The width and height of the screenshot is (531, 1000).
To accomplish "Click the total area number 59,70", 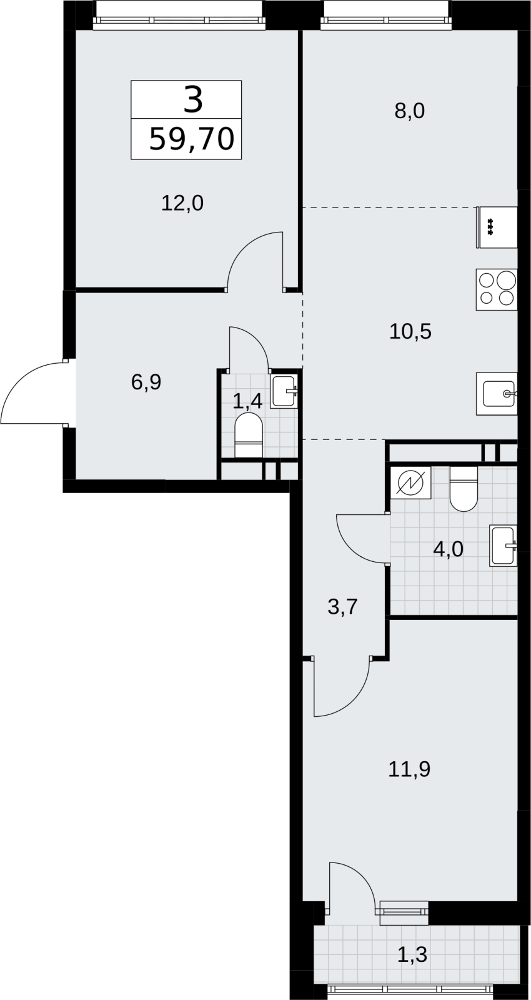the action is pos(191,139).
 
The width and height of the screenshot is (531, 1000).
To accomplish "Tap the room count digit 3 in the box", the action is pos(193,99).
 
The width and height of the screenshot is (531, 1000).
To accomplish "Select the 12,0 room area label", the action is pos(182,204).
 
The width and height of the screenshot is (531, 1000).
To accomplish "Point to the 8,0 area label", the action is pos(410,111).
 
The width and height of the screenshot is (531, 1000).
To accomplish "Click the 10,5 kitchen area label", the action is pos(410,331).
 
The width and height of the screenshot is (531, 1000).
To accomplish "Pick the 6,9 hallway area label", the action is pos(146,382).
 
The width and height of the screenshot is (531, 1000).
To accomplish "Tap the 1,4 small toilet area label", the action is pos(247,402).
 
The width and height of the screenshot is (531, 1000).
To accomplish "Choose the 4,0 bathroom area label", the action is pos(449,549).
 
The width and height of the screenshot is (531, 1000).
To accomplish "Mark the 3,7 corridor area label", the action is pos(343,607).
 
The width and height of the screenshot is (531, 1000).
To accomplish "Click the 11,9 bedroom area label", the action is pos(409,769).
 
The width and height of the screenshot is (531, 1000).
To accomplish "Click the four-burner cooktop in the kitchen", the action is pos(497,289).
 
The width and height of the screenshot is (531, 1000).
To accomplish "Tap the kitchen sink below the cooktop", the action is pos(497,394).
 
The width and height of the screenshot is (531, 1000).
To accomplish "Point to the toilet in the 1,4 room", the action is pos(249,435).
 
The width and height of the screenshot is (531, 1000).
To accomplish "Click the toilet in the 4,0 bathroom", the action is pos(464,489).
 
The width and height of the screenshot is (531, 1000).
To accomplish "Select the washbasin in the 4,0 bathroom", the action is pos(504,546).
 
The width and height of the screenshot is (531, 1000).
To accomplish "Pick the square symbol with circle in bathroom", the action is pos(410,482).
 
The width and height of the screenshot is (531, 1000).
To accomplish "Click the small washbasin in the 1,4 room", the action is pos(284,391).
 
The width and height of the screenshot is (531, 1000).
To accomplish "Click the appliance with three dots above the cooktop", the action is pos(497,227).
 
